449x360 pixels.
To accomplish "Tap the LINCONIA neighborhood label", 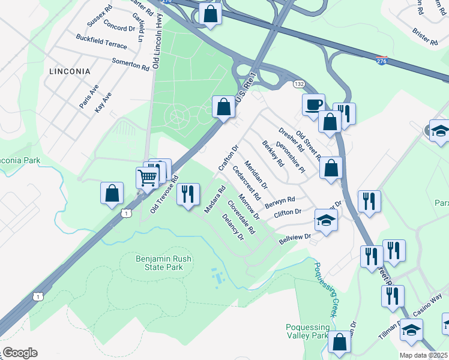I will pos(70,71).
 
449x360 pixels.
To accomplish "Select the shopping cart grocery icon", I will pos(148,176).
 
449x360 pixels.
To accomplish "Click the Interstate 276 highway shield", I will pos(382,61).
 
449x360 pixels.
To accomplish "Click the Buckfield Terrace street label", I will pos(101,41).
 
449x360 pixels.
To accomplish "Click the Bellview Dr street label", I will pos(295,238).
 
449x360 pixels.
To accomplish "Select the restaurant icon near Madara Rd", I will pos(188,194).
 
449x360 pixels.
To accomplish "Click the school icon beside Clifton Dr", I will pos(325,220).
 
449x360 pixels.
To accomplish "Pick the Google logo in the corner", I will pos(19,353).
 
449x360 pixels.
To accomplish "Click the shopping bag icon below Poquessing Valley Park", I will pos(340,342).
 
